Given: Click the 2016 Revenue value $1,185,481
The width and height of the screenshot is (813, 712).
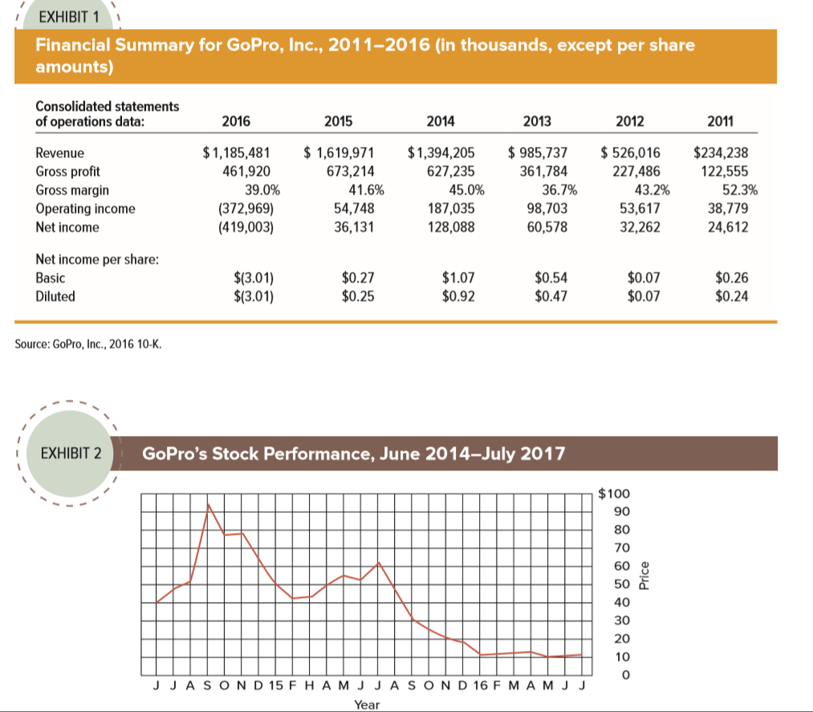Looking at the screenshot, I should coord(237,151).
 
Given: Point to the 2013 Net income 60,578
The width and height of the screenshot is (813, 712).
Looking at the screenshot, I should coord(545,227).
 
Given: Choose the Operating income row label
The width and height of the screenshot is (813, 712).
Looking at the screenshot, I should coord(86,209).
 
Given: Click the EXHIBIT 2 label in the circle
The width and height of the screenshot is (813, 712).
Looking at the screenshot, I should coord(71,454).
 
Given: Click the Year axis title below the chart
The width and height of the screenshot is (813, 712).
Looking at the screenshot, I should coord(367,704).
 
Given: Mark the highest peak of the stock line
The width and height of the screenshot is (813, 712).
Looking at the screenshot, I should coord(209,504).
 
